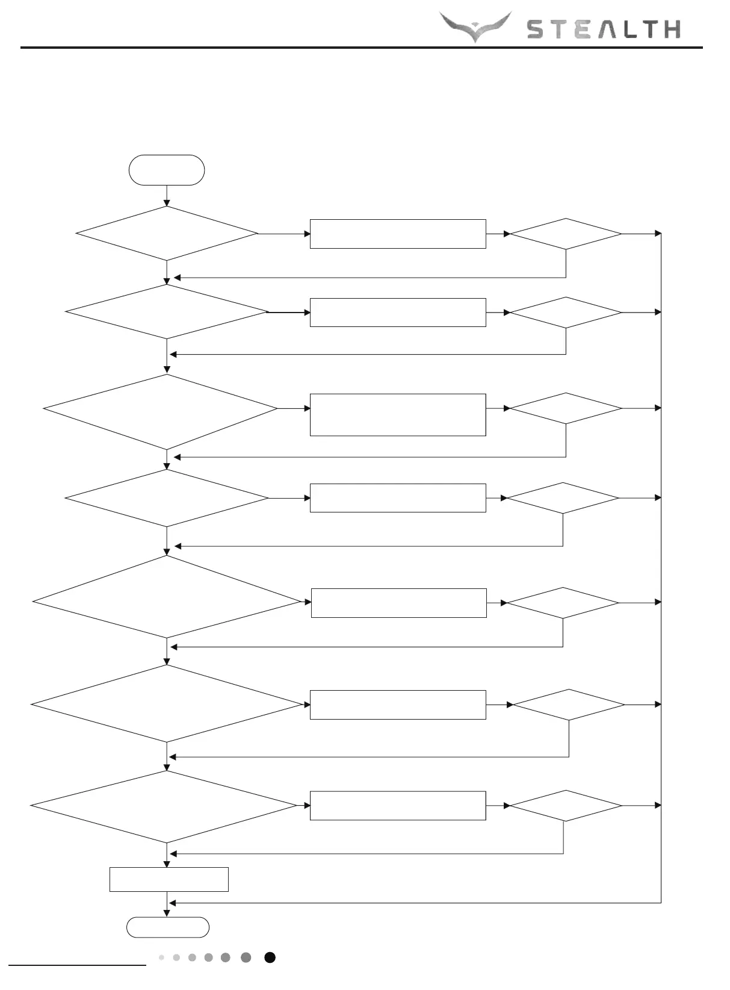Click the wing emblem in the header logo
pyautogui.click(x=475, y=27)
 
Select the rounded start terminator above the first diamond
pyautogui.click(x=167, y=170)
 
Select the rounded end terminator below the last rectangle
pyautogui.click(x=168, y=927)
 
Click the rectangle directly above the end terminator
pyautogui.click(x=169, y=879)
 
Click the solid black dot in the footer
pyautogui.click(x=270, y=957)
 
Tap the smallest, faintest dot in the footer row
pyautogui.click(x=161, y=957)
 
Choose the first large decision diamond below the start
pyautogui.click(x=167, y=234)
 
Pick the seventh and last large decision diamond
pyautogui.click(x=164, y=806)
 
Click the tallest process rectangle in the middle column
pyautogui.click(x=398, y=414)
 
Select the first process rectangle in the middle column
pyautogui.click(x=398, y=234)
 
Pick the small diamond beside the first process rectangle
pyautogui.click(x=566, y=234)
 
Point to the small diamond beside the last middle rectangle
pyautogui.click(x=566, y=806)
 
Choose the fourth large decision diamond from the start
pyautogui.click(x=167, y=498)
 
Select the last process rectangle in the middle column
pyautogui.click(x=398, y=806)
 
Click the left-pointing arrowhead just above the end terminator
pyautogui.click(x=173, y=903)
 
